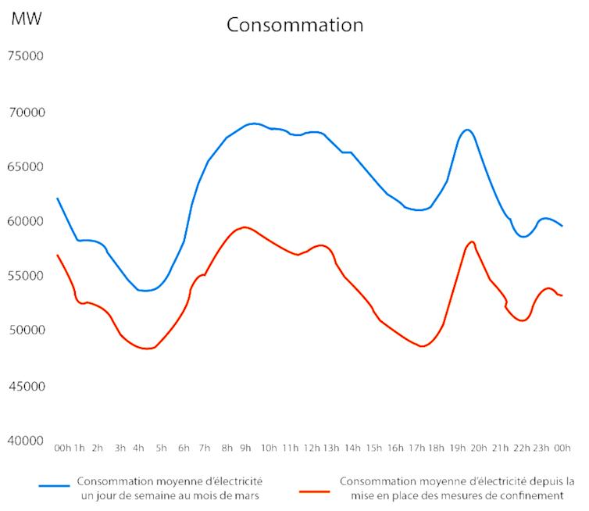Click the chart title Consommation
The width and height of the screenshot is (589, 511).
click(x=294, y=25)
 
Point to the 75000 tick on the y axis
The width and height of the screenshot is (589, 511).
click(x=27, y=56)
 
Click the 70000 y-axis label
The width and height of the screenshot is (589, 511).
click(x=27, y=112)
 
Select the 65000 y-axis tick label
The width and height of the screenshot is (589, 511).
click(x=27, y=166)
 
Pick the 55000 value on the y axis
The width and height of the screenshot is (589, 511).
click(x=27, y=276)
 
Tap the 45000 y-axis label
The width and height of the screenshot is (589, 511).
click(x=27, y=386)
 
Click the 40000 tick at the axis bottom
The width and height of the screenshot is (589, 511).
click(x=27, y=441)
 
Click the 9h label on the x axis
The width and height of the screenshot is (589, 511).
click(x=245, y=448)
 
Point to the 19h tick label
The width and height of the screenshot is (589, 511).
click(x=458, y=448)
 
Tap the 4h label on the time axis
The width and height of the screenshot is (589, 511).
click(x=138, y=448)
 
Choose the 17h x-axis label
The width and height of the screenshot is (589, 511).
click(x=416, y=448)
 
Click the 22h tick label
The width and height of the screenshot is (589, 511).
click(x=521, y=448)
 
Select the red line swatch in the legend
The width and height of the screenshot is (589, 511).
click(x=316, y=491)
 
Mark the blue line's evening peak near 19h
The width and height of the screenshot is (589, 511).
click(x=466, y=130)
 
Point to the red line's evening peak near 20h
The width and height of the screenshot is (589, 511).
click(x=472, y=241)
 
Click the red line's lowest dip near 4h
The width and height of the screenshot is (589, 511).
click(x=146, y=348)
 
